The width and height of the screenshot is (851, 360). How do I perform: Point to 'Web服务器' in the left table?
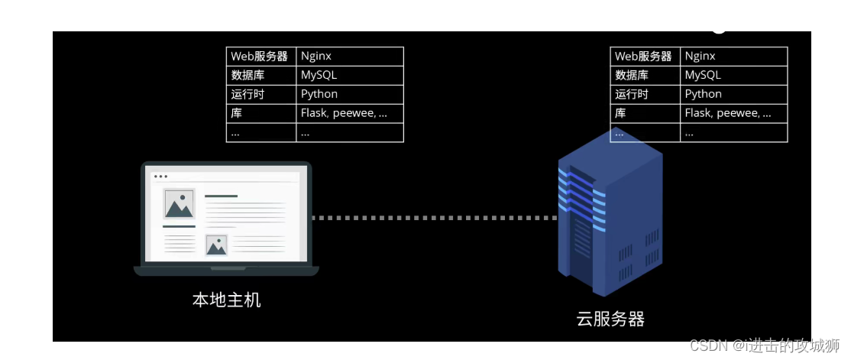click(260, 57)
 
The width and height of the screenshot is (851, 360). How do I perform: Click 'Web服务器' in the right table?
click(644, 57)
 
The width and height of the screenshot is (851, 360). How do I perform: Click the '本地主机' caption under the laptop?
click(226, 300)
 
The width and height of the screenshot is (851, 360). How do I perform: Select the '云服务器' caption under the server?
click(610, 319)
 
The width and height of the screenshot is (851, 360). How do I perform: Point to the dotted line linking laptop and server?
click(435, 218)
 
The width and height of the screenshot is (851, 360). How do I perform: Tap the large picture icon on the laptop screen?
click(180, 203)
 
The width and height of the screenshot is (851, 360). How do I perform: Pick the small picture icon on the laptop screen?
click(217, 245)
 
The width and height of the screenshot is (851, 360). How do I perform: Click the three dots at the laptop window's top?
click(160, 177)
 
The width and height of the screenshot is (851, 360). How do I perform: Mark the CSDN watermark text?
click(764, 345)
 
